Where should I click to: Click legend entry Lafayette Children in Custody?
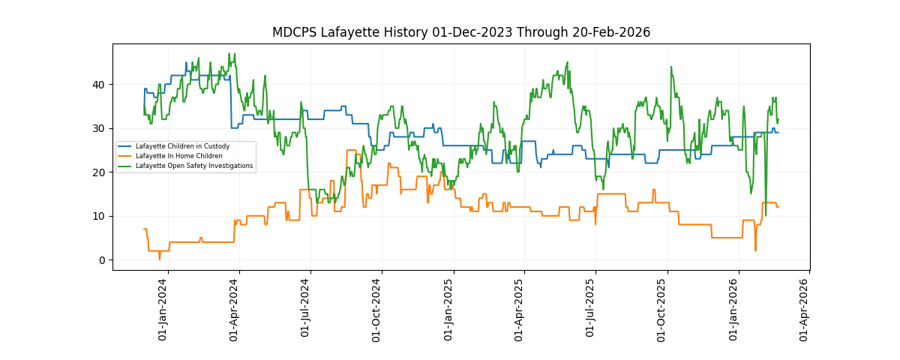182,146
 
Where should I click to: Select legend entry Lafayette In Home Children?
178,156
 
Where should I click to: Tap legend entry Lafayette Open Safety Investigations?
193,166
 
